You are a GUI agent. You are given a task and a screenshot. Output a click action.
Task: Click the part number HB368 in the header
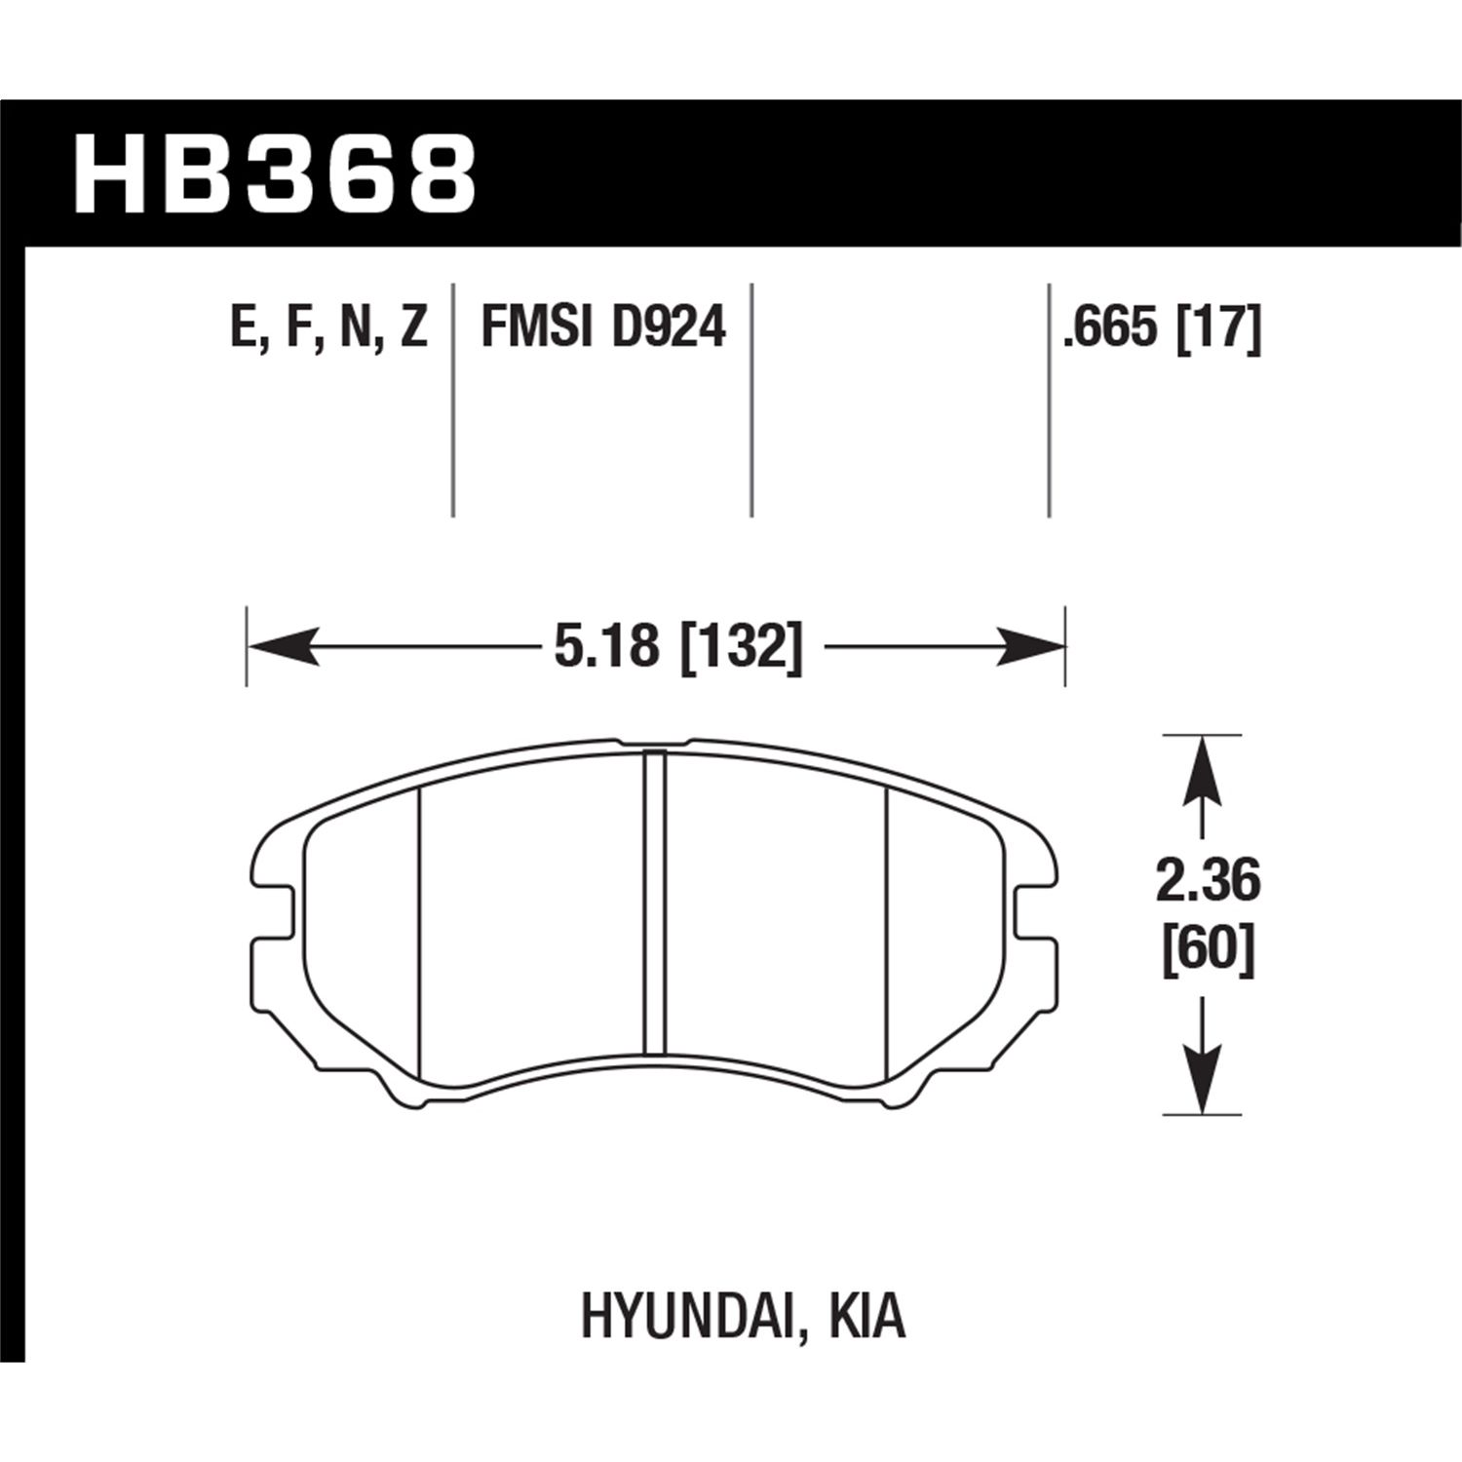click(276, 174)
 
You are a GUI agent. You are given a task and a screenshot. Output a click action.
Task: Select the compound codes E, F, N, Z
click(328, 328)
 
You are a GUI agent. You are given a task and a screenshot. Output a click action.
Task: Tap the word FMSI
click(537, 328)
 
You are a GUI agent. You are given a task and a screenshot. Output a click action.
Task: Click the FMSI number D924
click(669, 328)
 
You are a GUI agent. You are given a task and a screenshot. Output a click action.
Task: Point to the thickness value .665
click(1108, 328)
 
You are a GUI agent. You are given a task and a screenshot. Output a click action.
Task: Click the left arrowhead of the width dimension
click(283, 646)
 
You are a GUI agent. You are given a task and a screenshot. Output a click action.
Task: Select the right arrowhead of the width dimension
click(1029, 646)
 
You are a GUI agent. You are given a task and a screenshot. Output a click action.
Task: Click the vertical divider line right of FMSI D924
click(751, 400)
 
